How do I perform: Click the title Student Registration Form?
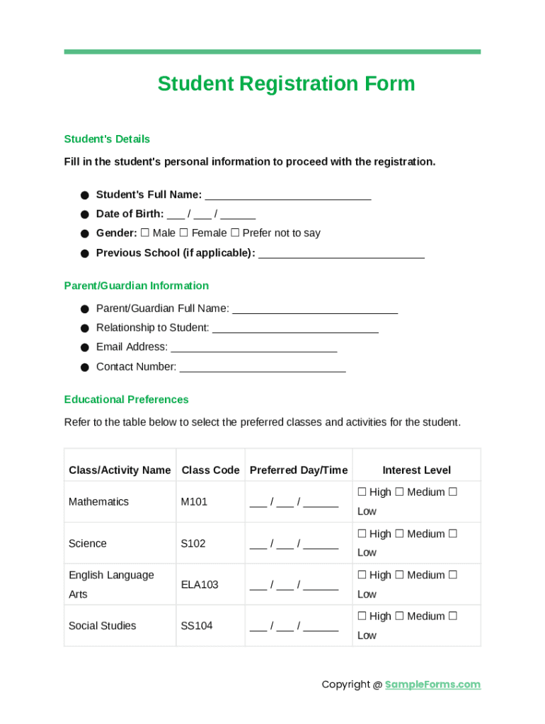pyautogui.click(x=286, y=83)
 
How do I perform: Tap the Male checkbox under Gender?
pyautogui.click(x=145, y=233)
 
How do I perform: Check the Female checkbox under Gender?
pyautogui.click(x=184, y=233)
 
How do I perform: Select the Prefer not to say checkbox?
pyautogui.click(x=235, y=233)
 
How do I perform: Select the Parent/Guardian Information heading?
pyautogui.click(x=136, y=286)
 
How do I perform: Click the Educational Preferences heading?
pyautogui.click(x=126, y=399)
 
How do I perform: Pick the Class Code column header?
pyautogui.click(x=210, y=470)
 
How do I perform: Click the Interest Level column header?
pyautogui.click(x=416, y=470)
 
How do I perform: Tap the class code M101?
pyautogui.click(x=194, y=502)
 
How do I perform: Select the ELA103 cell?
pyautogui.click(x=200, y=585)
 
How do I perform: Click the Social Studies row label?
pyautogui.click(x=102, y=626)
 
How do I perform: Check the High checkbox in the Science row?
pyautogui.click(x=362, y=534)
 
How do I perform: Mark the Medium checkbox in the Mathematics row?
pyautogui.click(x=399, y=492)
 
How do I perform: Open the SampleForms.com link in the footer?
pyautogui.click(x=432, y=684)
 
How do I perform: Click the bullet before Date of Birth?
pyautogui.click(x=84, y=214)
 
